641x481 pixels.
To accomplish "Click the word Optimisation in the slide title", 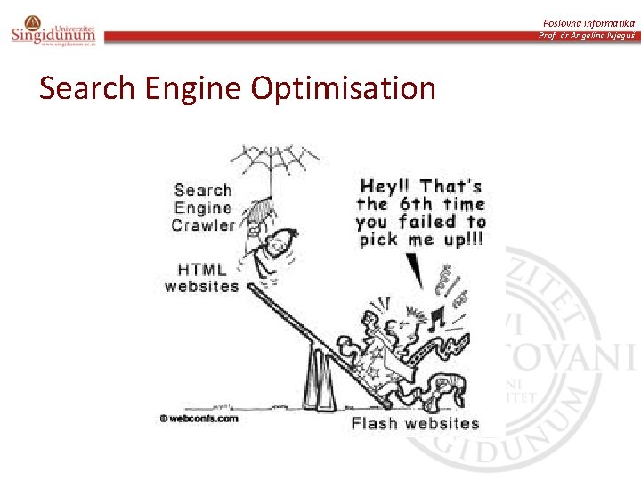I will pyautogui.click(x=344, y=89).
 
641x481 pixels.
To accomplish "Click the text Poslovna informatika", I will pyautogui.click(x=590, y=22).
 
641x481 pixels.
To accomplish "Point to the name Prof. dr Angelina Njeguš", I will pyautogui.click(x=587, y=36).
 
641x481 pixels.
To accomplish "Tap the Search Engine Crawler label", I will pyautogui.click(x=203, y=208).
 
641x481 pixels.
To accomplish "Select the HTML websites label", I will pyautogui.click(x=201, y=278).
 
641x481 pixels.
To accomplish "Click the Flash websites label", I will pyautogui.click(x=415, y=423).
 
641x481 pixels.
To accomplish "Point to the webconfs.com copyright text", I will pyautogui.click(x=199, y=417).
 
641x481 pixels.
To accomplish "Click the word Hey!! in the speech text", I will pyautogui.click(x=385, y=186).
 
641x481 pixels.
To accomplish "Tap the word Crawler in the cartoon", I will pyautogui.click(x=203, y=225).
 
